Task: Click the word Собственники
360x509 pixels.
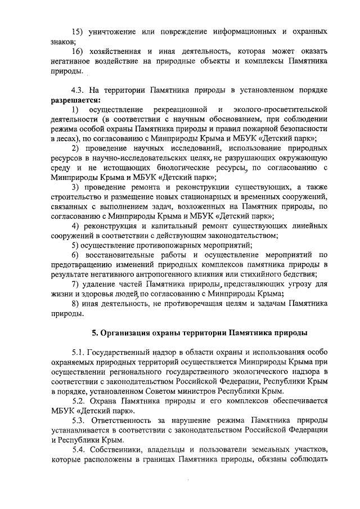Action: tap(123, 451)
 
